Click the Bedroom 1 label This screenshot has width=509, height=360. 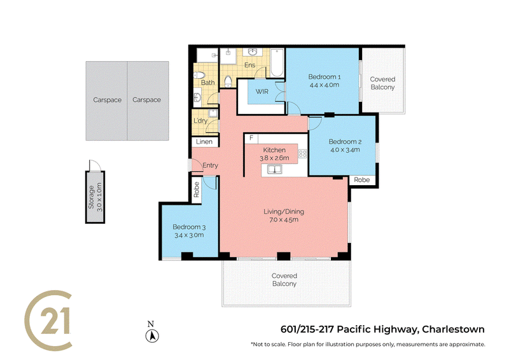pyautogui.click(x=324, y=77)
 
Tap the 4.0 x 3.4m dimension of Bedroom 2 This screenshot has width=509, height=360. pyautogui.click(x=345, y=150)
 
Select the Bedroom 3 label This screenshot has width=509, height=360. pyautogui.click(x=189, y=227)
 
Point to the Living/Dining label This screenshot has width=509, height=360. pyautogui.click(x=284, y=212)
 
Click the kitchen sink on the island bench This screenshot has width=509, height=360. pyautogui.click(x=275, y=169)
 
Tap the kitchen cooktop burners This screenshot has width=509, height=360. pyautogui.click(x=303, y=153)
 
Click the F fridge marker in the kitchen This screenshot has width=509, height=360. pyautogui.click(x=251, y=138)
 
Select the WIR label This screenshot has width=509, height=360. pyautogui.click(x=262, y=92)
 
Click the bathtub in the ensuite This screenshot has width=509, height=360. pyautogui.click(x=277, y=63)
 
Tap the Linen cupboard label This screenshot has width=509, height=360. pyautogui.click(x=204, y=142)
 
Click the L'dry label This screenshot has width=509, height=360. pyautogui.click(x=200, y=121)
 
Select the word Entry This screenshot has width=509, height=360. pyautogui.click(x=211, y=165)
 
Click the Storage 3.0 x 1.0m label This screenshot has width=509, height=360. pyautogui.click(x=95, y=197)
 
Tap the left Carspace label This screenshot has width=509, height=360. pyautogui.click(x=107, y=100)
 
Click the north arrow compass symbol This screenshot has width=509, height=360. pyautogui.click(x=151, y=335)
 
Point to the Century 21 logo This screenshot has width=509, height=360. pyautogui.click(x=48, y=320)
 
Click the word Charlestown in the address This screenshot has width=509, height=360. pyautogui.click(x=453, y=329)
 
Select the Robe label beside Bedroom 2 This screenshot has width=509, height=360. pyautogui.click(x=361, y=180)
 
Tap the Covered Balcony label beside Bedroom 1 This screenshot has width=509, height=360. pyautogui.click(x=383, y=83)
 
